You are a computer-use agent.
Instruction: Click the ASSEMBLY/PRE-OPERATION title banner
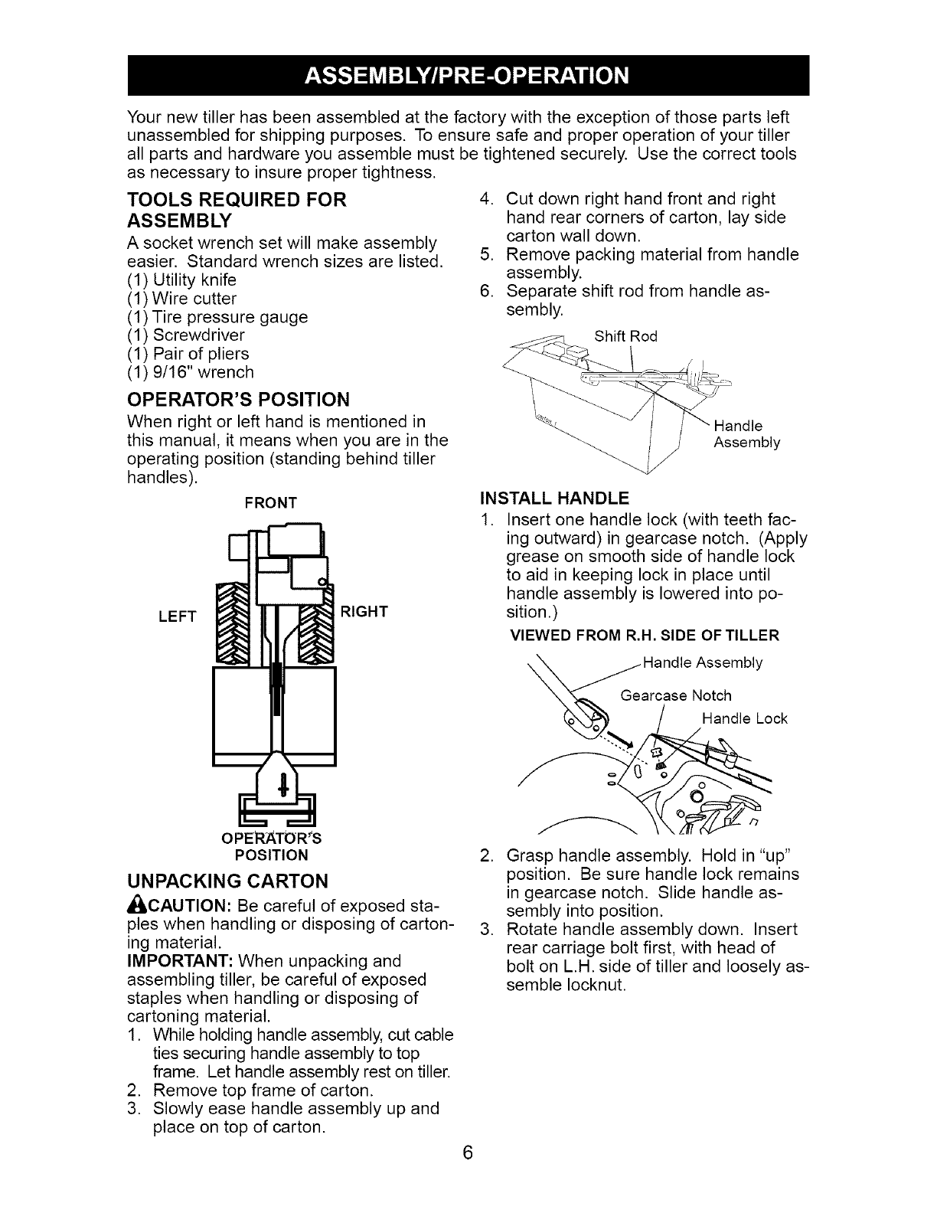(x=468, y=76)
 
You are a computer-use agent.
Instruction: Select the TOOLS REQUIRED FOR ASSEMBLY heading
(x=237, y=211)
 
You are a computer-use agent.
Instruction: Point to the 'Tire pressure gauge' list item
(x=217, y=316)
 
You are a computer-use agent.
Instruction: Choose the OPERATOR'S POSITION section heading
(x=238, y=399)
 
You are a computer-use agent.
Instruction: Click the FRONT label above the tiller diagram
(x=270, y=502)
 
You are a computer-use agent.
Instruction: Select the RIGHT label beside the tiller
(x=364, y=611)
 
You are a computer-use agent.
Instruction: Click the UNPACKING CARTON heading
(x=227, y=879)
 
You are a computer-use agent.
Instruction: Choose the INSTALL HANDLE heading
(x=554, y=499)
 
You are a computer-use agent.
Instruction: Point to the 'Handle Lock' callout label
(x=744, y=718)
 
